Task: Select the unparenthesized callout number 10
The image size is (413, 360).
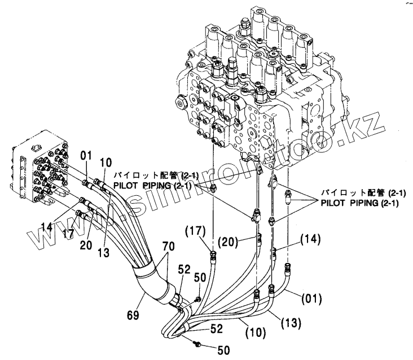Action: tap(105, 162)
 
